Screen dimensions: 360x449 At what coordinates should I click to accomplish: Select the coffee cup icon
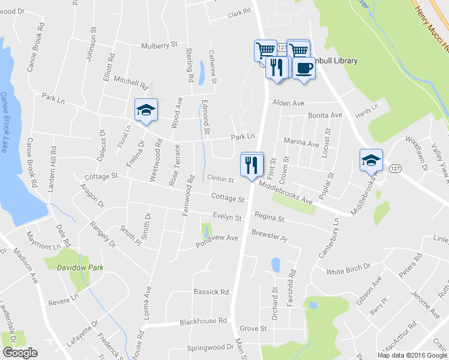pos(304,67)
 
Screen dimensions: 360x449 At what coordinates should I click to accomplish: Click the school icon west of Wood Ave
pos(145,110)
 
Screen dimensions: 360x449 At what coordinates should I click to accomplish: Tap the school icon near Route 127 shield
pos(370,160)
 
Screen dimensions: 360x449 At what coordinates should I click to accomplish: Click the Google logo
pos(20,352)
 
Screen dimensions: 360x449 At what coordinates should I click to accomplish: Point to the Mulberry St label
pos(159,44)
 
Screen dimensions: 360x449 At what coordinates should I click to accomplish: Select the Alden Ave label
pos(289,103)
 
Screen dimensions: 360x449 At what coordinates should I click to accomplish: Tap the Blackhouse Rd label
pos(204,322)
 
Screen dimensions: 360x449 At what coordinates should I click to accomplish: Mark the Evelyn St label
pos(226,218)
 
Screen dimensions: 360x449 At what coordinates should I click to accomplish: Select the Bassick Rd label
pos(211,292)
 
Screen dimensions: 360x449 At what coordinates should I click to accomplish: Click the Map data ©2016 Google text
pos(412,355)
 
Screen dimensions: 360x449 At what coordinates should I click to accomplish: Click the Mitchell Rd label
pos(130,83)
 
